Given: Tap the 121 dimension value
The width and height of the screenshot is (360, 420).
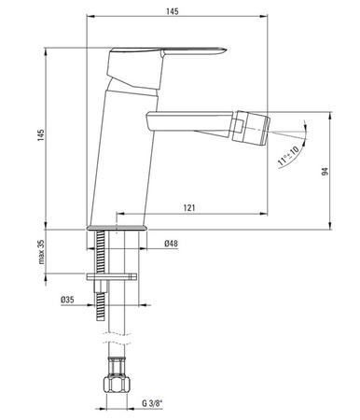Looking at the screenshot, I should coord(190,206).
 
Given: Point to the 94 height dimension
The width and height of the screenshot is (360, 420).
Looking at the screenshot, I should coord(341,172).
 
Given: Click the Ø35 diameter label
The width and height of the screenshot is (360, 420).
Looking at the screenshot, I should coord(67,299).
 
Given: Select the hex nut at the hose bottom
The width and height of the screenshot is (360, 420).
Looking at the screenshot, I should coord(115,384).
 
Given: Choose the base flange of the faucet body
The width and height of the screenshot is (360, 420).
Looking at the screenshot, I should coord(118,227).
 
